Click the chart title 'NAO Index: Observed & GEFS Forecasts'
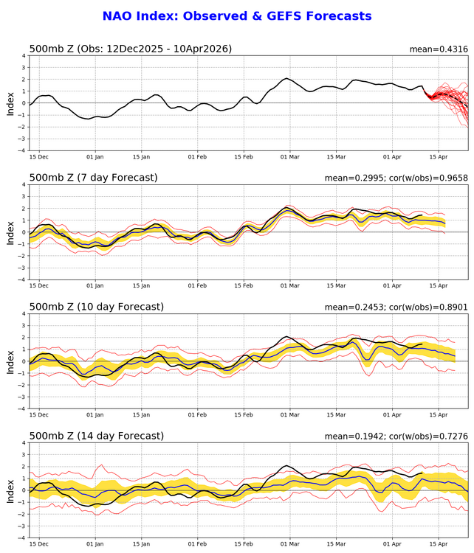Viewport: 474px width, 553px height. pos(236,15)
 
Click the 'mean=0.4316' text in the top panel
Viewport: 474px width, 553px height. pos(439,49)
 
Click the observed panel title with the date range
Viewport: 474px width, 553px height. pos(130,49)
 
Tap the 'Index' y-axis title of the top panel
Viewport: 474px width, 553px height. pos(10,103)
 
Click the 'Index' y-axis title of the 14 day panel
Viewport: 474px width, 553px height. pos(10,490)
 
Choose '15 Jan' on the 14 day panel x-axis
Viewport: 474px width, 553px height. pos(142,546)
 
